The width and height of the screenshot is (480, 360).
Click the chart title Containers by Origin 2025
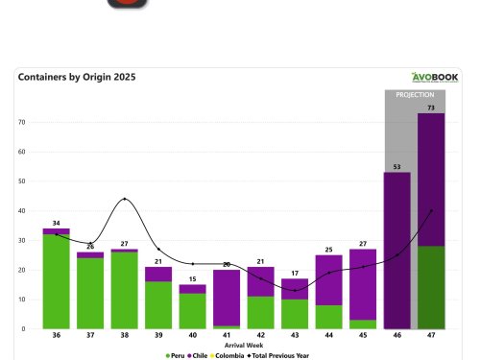coord(76,77)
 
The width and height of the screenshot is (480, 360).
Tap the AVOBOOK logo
coord(435,78)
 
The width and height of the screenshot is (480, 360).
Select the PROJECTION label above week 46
coord(415,96)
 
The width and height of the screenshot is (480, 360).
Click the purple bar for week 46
coord(397,250)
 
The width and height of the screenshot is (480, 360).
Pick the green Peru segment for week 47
coord(429,287)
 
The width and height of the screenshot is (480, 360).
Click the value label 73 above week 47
coord(429,108)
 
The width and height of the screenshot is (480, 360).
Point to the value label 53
coord(397,166)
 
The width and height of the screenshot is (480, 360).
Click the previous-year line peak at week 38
coord(124,200)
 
